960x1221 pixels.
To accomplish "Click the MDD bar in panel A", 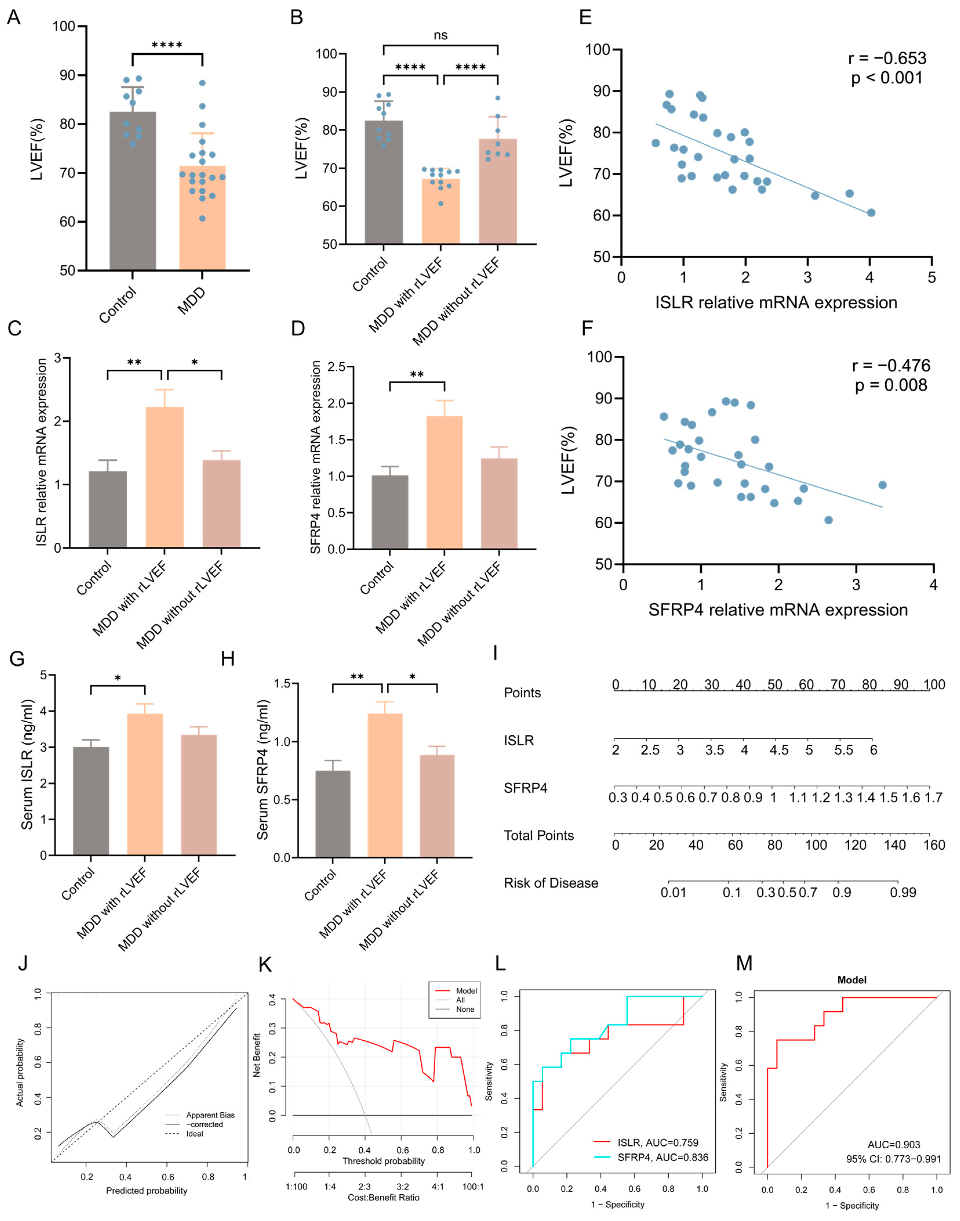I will tap(202, 225).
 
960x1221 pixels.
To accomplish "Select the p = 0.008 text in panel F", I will tap(891, 385).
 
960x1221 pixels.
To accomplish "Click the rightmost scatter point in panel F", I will tap(882, 485).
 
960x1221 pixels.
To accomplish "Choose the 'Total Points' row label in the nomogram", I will tap(539, 835).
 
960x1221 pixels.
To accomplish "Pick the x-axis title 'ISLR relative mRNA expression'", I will tap(776, 302).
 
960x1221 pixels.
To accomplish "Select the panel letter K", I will tap(264, 965).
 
